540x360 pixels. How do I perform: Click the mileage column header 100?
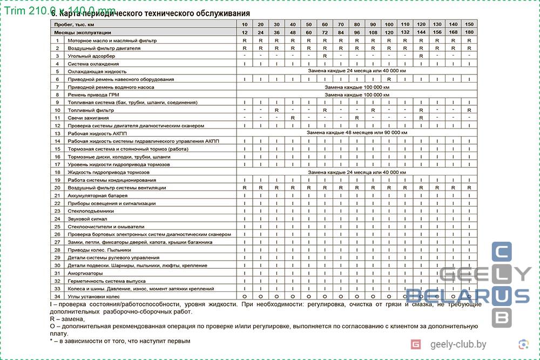pos(389,25)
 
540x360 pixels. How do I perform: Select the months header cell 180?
pos(469,33)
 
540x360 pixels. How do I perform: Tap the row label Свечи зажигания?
pos(88,118)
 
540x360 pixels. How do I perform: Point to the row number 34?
pos(57,296)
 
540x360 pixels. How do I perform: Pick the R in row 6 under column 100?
pos(389,79)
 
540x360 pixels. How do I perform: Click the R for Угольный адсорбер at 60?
pos(325,56)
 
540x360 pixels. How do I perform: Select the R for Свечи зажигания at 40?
pos(292,118)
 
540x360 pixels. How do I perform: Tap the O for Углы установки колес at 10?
pos(245,296)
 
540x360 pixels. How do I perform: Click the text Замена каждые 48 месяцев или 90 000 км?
pos(357,133)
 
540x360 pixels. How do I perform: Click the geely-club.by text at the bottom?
pos(458,344)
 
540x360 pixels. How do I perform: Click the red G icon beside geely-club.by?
pos(416,344)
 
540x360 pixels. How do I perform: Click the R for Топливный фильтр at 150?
pos(469,110)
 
